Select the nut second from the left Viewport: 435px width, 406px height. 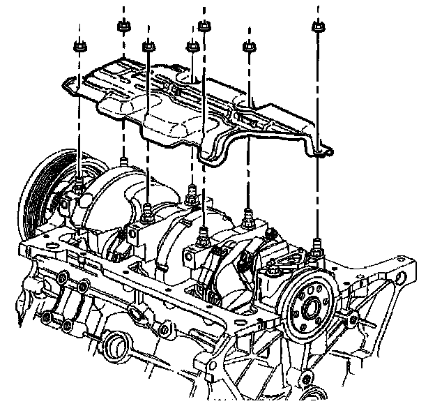(x=123, y=27)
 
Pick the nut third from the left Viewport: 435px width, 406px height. (x=148, y=47)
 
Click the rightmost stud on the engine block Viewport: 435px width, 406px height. (x=317, y=243)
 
